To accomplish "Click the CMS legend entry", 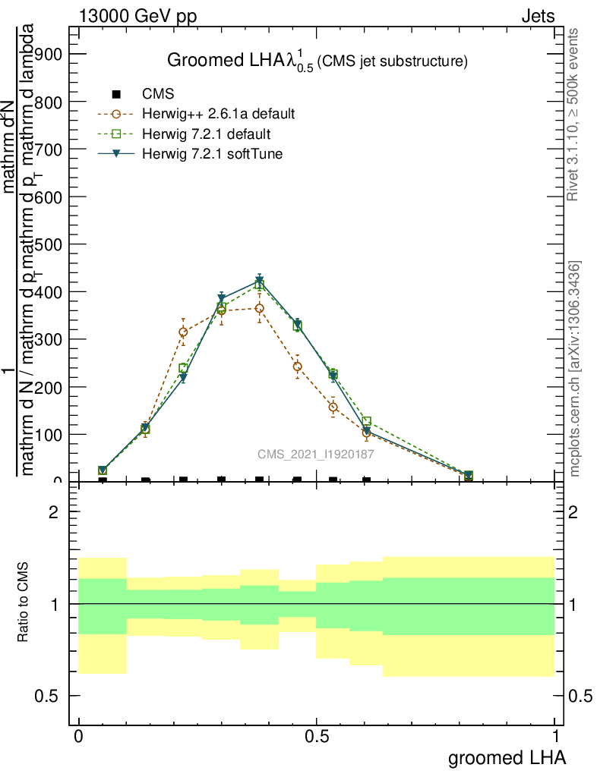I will pyautogui.click(x=158, y=94).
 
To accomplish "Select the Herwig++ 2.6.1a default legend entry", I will pyautogui.click(x=218, y=115).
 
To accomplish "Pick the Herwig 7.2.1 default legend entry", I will pyautogui.click(x=206, y=134).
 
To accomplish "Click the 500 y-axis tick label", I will pyautogui.click(x=48, y=244).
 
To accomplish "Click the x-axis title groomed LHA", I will pyautogui.click(x=507, y=757).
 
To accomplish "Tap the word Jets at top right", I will pyautogui.click(x=538, y=17).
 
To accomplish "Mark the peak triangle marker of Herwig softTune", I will pyautogui.click(x=259, y=282).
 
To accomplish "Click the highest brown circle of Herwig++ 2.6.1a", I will pyautogui.click(x=259, y=308).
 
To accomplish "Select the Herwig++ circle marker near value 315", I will pyautogui.click(x=183, y=332).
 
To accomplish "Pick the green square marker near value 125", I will pyautogui.click(x=366, y=421).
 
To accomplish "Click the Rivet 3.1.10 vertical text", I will pyautogui.click(x=573, y=114).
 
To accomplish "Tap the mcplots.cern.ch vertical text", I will pyautogui.click(x=575, y=368).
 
